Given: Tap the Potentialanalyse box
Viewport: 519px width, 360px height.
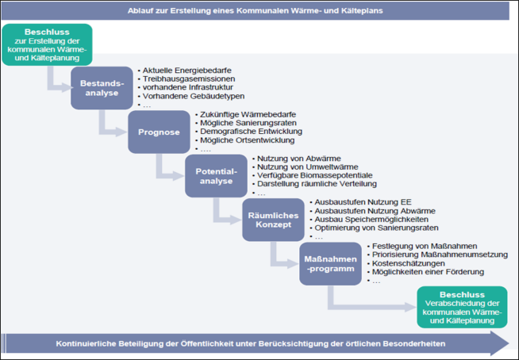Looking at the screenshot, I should (x=213, y=176).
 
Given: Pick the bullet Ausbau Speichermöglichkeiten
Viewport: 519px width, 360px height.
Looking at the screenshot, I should (x=366, y=220).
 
